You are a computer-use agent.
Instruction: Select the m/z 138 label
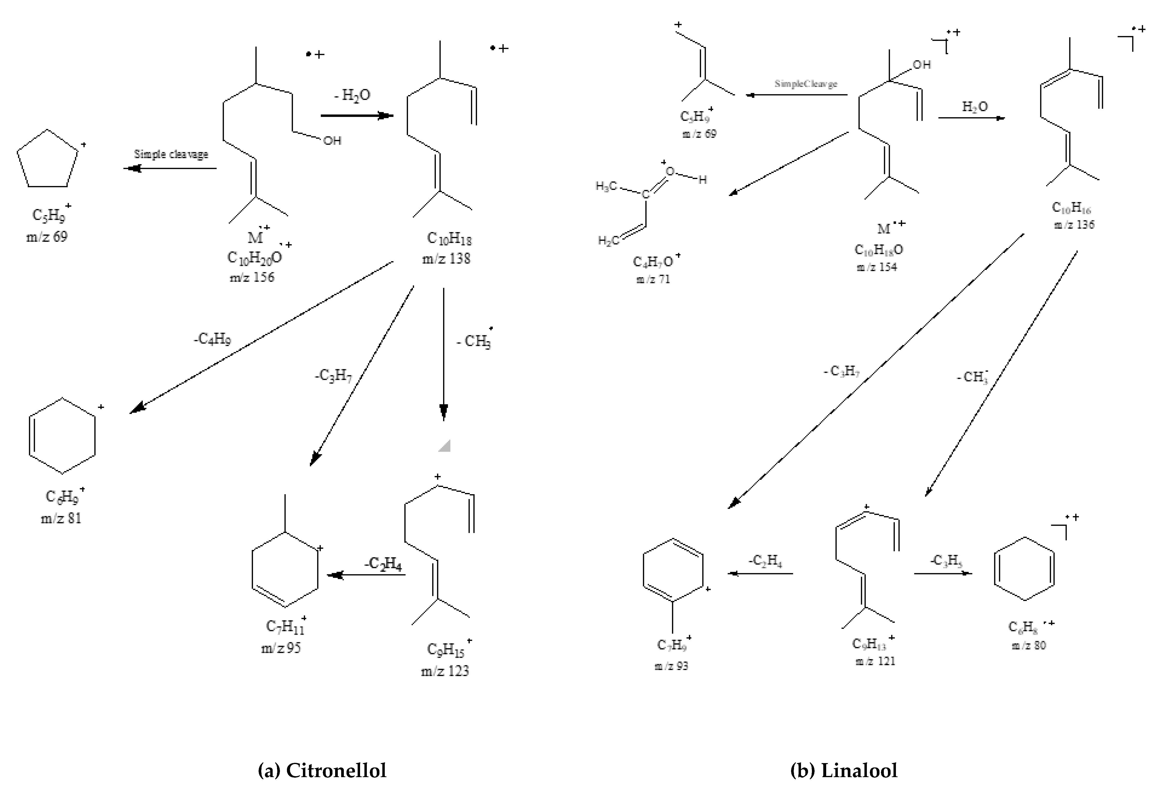pos(446,259)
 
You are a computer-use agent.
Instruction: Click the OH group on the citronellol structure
pos(332,141)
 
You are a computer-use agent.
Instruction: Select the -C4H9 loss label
pos(213,339)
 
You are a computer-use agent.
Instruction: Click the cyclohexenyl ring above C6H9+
pos(62,436)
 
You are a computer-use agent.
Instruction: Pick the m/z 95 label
pos(281,648)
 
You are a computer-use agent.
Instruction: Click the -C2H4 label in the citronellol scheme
pos(383,564)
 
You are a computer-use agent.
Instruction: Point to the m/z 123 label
pos(445,671)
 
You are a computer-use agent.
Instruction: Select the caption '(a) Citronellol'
pos(322,770)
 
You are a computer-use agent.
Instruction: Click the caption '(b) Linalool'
pos(844,770)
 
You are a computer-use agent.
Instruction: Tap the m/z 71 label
pos(653,279)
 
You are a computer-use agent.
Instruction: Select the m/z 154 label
pos(877,267)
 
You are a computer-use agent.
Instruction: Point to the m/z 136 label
pos(1074,225)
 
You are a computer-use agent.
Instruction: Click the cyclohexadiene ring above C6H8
pos(1024,569)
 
